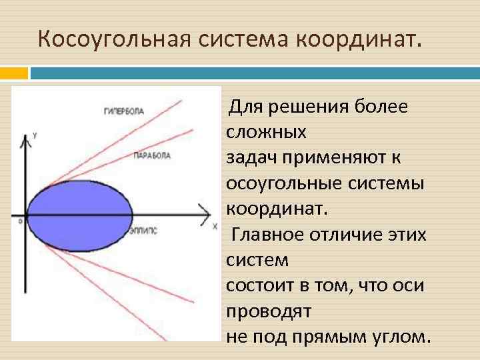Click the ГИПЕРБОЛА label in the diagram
tap(124, 111)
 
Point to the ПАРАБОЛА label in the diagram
tap(152, 155)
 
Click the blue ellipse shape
tap(81, 214)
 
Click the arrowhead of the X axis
tap(205, 215)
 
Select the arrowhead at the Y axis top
tap(27, 139)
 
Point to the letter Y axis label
tap(35, 136)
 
